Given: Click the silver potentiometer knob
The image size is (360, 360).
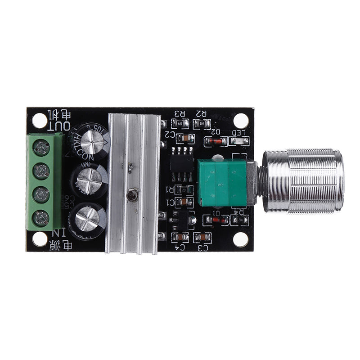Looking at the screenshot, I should click(x=303, y=181).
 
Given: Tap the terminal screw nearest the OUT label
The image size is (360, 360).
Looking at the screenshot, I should click(x=42, y=146).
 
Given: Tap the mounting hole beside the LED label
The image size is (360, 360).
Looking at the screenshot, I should click(x=241, y=120).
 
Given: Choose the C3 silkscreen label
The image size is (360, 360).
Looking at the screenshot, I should click(x=202, y=247).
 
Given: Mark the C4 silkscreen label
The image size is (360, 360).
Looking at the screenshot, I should click(x=180, y=247).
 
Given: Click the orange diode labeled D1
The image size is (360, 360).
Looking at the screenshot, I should click(x=216, y=220).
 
